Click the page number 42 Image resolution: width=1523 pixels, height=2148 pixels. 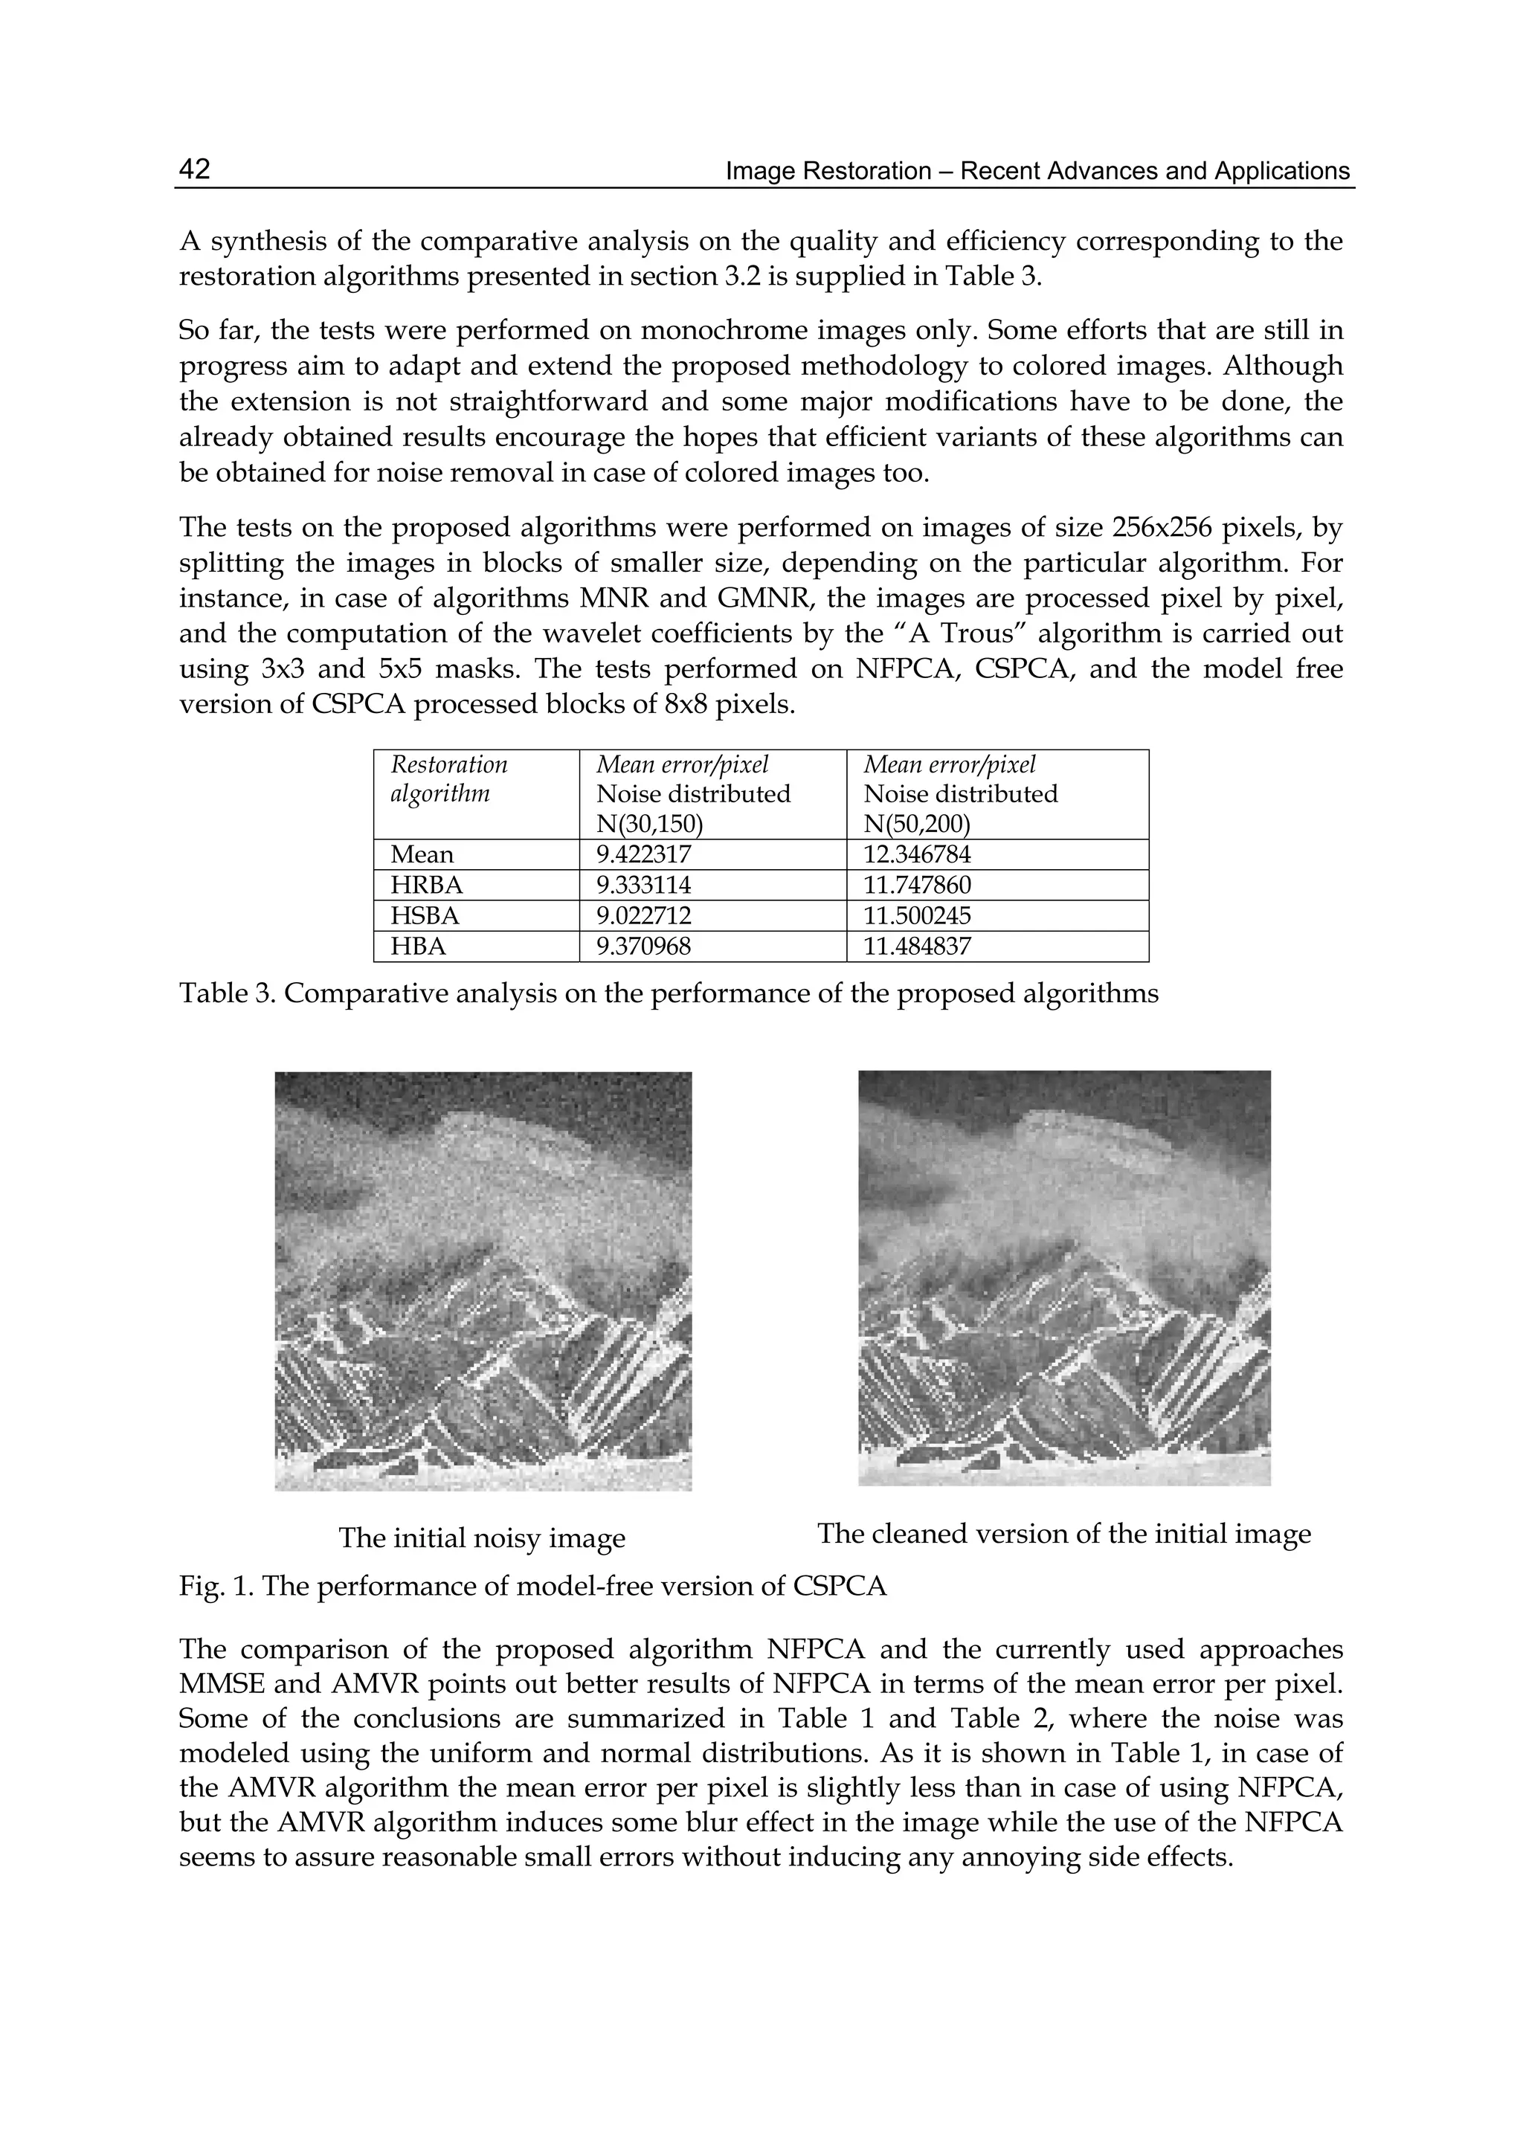point(195,170)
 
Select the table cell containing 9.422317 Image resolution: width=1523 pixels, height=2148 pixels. point(643,854)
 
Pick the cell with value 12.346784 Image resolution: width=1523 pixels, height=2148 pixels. point(916,854)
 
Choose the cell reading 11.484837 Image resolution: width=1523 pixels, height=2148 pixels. point(916,946)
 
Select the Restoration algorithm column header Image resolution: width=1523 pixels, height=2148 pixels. point(449,779)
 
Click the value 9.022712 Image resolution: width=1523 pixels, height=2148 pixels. point(643,915)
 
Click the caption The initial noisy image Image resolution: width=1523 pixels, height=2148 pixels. point(482,1538)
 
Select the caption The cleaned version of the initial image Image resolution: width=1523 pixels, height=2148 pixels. point(1063,1533)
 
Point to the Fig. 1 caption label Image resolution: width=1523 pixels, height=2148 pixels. point(215,1587)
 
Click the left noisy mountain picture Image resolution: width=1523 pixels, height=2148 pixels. point(483,1281)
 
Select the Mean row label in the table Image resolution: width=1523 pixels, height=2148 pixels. point(422,854)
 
